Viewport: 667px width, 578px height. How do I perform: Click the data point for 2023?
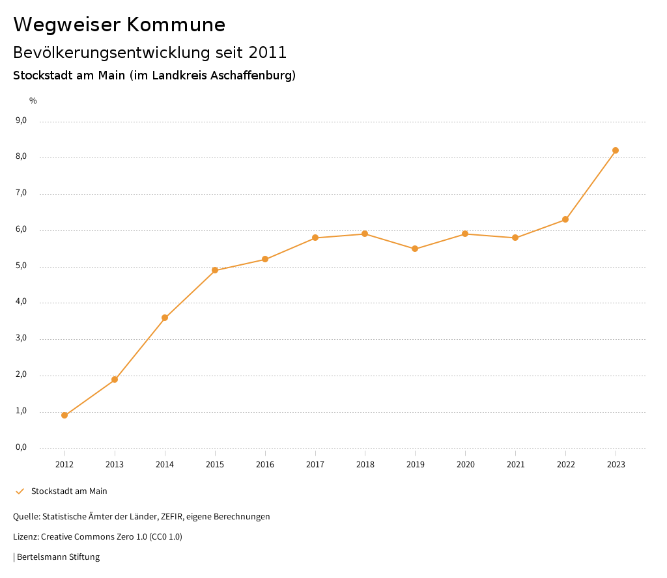(x=616, y=150)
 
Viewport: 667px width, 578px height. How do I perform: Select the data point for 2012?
(x=64, y=415)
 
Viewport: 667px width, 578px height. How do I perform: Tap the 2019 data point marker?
(x=415, y=249)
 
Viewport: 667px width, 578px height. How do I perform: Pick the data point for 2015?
(x=215, y=270)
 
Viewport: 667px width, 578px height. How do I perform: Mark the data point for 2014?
(x=165, y=318)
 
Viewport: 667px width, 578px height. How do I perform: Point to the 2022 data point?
(x=565, y=219)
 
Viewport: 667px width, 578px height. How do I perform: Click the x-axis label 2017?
(x=315, y=464)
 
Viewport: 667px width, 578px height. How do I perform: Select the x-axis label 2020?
(x=465, y=464)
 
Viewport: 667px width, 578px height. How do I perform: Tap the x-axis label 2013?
(x=115, y=464)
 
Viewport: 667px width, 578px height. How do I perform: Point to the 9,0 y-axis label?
(x=21, y=120)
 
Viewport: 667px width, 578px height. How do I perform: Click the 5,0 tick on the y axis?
(x=21, y=266)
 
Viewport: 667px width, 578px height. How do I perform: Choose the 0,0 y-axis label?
(x=21, y=447)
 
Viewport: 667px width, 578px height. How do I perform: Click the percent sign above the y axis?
(x=33, y=100)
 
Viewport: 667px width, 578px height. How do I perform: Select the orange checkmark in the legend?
(x=20, y=491)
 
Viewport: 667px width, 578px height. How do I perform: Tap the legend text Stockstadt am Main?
(x=69, y=491)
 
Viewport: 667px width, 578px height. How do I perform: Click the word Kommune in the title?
(x=176, y=25)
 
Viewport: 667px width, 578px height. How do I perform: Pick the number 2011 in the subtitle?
(x=267, y=52)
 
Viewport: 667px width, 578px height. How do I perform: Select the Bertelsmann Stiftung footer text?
(x=58, y=557)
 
